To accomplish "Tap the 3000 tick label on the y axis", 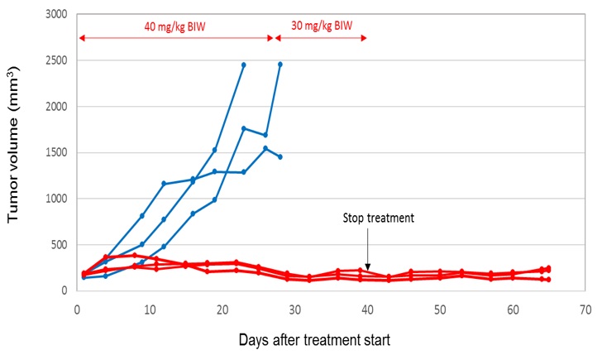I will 55,15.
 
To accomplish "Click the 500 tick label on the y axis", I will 59,245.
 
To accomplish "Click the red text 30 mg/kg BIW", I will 322,26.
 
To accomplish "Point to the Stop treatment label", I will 378,219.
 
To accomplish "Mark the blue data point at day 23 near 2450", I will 244,65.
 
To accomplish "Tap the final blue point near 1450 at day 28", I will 280,157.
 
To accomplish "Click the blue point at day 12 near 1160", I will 164,183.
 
